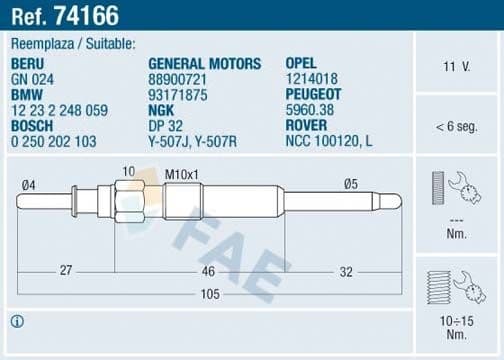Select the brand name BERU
pyautogui.click(x=28, y=64)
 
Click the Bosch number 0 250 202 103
pyautogui.click(x=56, y=141)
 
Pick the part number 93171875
pyautogui.click(x=178, y=94)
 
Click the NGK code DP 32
pyautogui.click(x=165, y=125)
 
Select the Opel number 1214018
pyautogui.click(x=313, y=79)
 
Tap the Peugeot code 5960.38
pyautogui.click(x=314, y=110)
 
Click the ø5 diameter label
pyautogui.click(x=351, y=184)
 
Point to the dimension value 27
pyautogui.click(x=64, y=269)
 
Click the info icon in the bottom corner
pyautogui.click(x=15, y=321)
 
